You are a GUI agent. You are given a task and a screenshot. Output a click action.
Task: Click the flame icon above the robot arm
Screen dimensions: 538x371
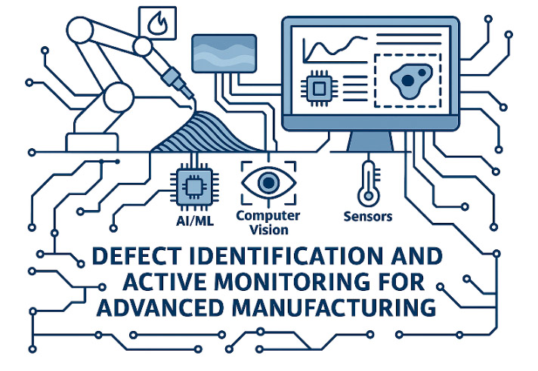pos(157,23)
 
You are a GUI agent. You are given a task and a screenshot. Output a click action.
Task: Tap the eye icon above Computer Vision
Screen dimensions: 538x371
pos(268,182)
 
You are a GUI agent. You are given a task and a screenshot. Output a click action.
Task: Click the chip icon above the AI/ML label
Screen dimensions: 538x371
pos(194,187)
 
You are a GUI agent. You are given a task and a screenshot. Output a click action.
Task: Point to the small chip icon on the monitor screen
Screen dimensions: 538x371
pos(319,88)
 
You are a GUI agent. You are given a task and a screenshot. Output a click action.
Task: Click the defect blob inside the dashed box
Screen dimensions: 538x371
pos(410,81)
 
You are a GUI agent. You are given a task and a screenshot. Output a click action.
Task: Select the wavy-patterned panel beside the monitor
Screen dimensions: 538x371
pos(224,54)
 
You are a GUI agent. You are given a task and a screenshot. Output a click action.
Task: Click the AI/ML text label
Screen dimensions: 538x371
pos(195,221)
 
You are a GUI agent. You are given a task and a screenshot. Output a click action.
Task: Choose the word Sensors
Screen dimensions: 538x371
pos(368,217)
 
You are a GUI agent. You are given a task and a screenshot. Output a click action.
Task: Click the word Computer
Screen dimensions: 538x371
pos(268,216)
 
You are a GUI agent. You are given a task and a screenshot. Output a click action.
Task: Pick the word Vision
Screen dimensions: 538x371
pos(269,230)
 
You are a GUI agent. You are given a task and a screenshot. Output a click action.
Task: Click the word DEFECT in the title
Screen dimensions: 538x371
pos(137,256)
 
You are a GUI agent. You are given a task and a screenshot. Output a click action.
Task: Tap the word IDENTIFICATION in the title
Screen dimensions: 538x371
pos(286,256)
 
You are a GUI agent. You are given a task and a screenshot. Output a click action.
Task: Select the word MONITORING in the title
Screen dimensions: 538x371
pos(292,282)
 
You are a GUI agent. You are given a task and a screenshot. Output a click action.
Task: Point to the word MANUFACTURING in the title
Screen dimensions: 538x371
pos(333,308)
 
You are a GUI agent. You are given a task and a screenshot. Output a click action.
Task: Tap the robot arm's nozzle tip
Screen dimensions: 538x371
pos(192,97)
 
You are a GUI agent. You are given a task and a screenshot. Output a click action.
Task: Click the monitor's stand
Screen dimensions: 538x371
pos(370,141)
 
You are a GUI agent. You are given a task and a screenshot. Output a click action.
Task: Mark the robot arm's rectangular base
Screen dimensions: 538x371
pos(92,142)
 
